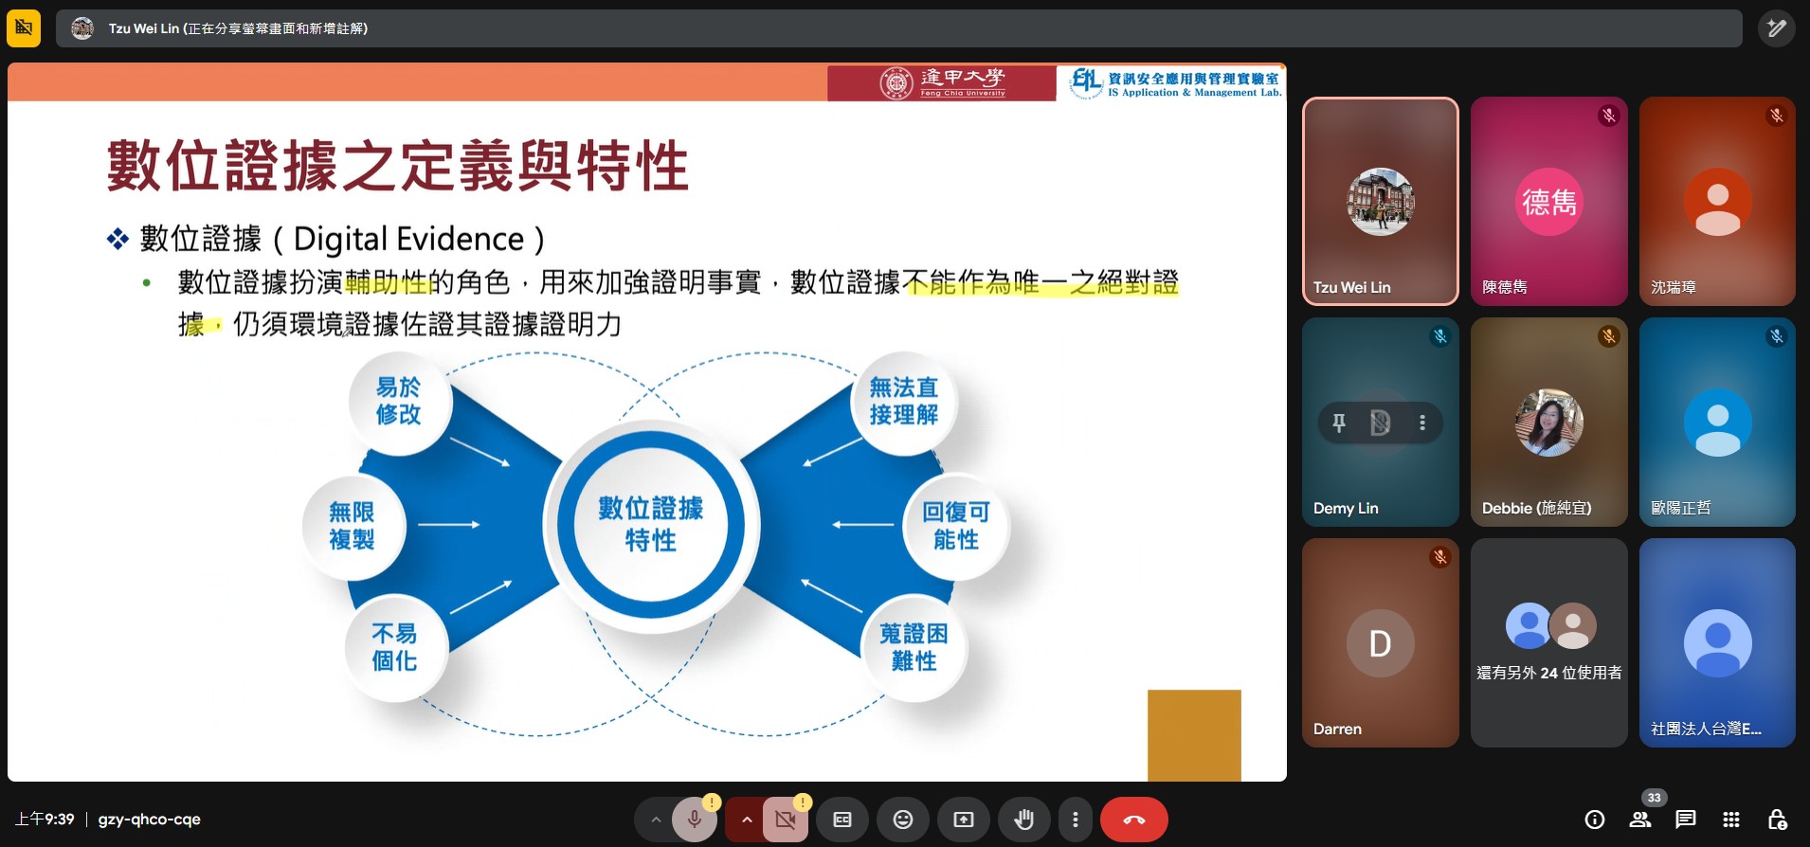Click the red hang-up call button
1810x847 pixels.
pos(1133,820)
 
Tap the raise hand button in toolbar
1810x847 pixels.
pos(1023,820)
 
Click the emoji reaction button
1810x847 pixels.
pos(903,820)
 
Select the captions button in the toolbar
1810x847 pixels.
pos(842,820)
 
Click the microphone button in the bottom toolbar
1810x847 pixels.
pos(695,820)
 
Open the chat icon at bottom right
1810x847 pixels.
pos(1685,820)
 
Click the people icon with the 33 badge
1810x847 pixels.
pos(1640,820)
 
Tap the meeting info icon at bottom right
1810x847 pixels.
pos(1595,820)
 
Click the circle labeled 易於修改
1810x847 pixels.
pos(398,402)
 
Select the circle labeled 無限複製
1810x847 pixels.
pos(352,526)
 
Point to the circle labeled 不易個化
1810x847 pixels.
pos(394,647)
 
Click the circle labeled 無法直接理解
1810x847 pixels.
pos(903,401)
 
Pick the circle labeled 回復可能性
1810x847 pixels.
pos(955,526)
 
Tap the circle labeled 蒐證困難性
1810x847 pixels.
pos(914,647)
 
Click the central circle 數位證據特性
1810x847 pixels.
pos(651,524)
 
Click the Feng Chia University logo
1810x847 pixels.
pos(942,83)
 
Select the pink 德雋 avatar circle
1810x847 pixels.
pos(1548,202)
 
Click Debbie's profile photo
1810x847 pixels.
pos(1548,423)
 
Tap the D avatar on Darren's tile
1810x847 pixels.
pos(1380,643)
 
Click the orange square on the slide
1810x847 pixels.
pos(1194,735)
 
